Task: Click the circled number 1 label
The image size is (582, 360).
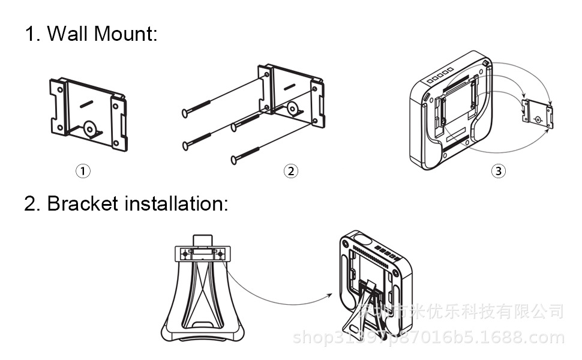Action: pos(83,171)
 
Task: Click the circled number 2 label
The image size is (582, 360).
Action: pos(290,171)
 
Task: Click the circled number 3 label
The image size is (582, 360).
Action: pos(498,171)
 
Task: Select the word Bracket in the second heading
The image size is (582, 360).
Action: pos(83,203)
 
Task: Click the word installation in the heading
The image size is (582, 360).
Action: pos(176,203)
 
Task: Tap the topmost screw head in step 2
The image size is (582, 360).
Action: pos(185,112)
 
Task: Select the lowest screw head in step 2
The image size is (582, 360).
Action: pos(234,159)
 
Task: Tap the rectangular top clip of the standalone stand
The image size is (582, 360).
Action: pos(202,254)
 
